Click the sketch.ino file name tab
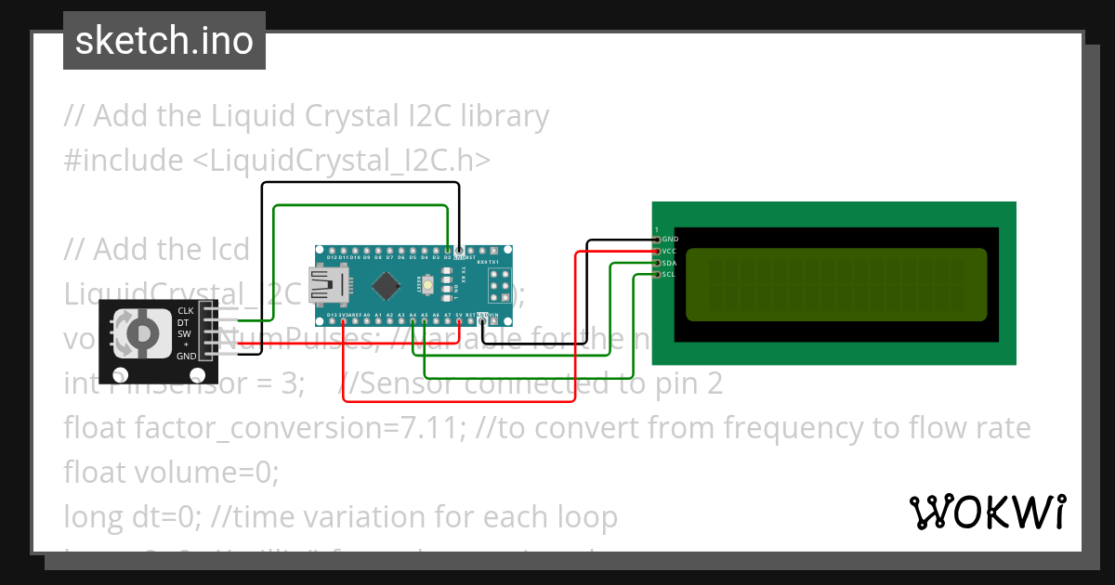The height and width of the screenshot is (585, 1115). coord(164,41)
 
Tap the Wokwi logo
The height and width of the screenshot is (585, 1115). coord(987,512)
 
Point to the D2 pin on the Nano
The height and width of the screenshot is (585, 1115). coord(449,251)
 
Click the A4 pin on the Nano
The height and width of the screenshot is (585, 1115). coord(413,316)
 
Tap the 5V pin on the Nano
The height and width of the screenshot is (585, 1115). coord(460,316)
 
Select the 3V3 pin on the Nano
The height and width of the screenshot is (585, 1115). coord(345,316)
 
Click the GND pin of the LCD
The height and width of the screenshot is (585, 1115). coord(657,240)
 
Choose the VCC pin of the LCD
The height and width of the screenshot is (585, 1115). coord(657,251)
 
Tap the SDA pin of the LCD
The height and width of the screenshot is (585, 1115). coord(657,263)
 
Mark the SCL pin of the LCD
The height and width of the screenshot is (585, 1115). coord(657,274)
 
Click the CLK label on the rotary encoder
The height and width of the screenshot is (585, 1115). coord(185,310)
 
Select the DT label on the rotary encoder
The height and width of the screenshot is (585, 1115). coord(183,321)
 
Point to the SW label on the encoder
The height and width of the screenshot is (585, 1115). coord(184,333)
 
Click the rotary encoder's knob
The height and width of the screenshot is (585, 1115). coord(140,332)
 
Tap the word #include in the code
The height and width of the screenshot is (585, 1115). coord(124,161)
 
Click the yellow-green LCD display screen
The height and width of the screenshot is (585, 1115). coord(836,284)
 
